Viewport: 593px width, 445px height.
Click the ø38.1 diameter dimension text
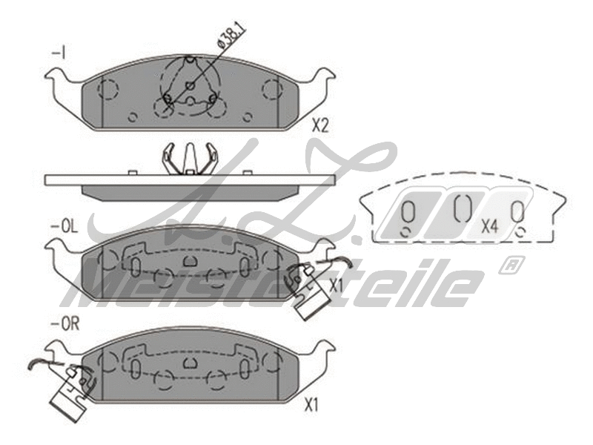(233, 35)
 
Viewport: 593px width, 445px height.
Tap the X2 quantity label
(319, 125)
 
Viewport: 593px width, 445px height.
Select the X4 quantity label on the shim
(488, 226)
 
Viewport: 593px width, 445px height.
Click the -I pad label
(59, 53)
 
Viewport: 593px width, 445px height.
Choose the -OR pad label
(64, 323)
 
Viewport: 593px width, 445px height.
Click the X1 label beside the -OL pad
(336, 285)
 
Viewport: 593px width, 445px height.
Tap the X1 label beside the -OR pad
(311, 405)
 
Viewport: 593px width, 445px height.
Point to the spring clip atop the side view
(190, 158)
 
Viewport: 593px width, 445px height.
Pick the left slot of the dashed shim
(407, 214)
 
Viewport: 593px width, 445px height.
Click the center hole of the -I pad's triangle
(190, 86)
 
